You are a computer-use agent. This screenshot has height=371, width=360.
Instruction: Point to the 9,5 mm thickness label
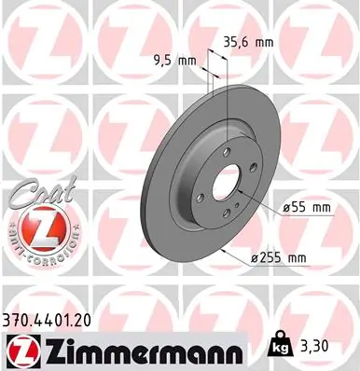(x=174, y=61)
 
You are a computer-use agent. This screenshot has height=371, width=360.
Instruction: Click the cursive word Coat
(x=35, y=194)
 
